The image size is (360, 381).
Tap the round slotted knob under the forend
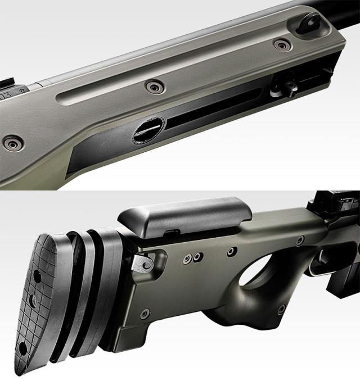click(x=148, y=130)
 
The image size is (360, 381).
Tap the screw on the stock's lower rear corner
click(x=145, y=312)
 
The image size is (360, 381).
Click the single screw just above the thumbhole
click(x=231, y=251)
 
